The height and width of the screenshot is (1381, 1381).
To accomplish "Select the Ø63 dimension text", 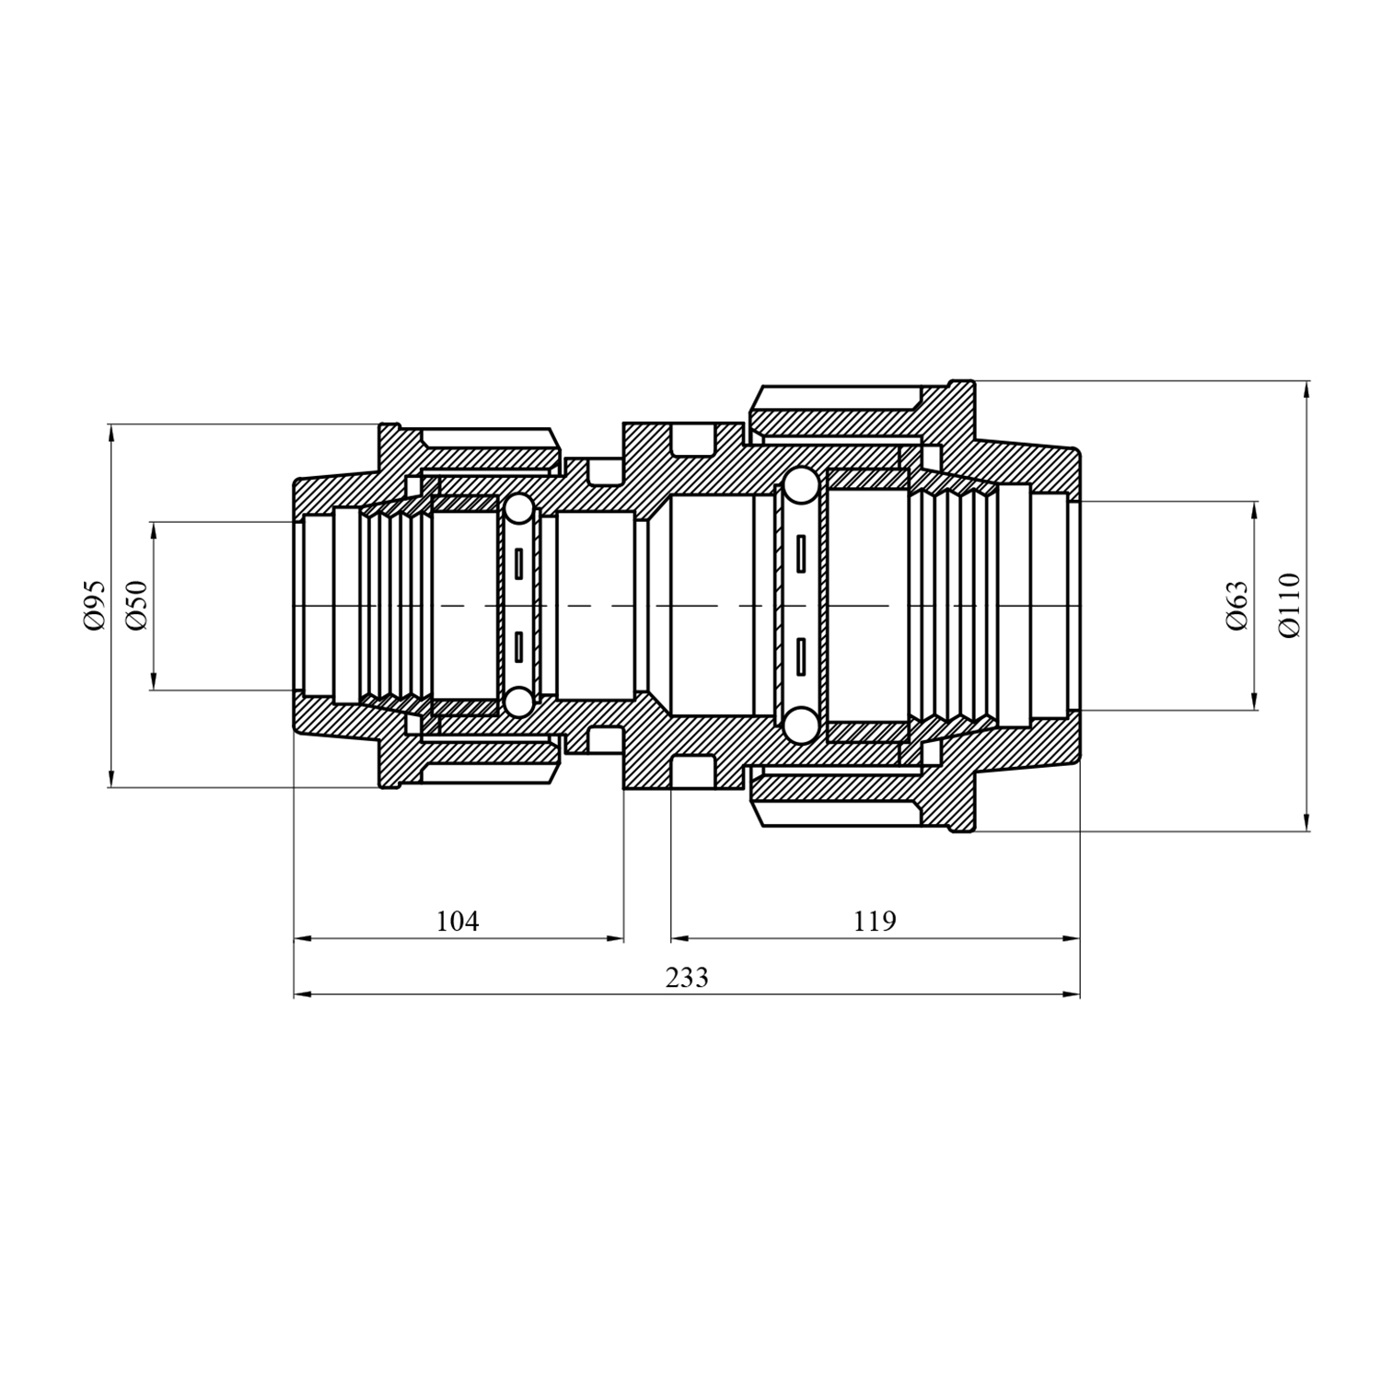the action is [x=1237, y=606].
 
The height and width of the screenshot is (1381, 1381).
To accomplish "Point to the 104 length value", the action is [x=458, y=921].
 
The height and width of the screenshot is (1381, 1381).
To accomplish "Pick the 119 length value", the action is [x=874, y=921].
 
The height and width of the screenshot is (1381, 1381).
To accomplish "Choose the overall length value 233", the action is [x=687, y=977].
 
